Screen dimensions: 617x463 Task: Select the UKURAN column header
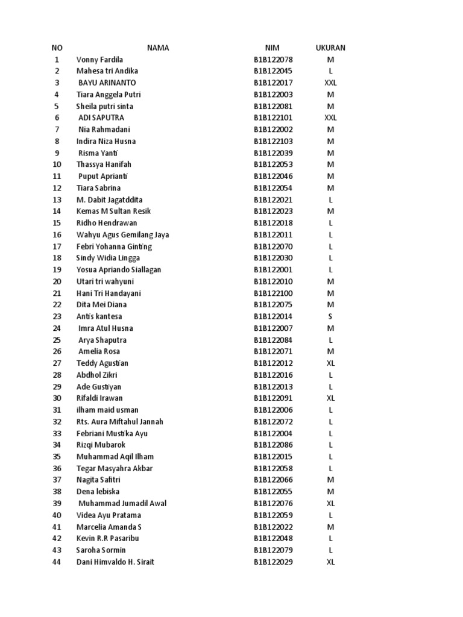[x=330, y=48]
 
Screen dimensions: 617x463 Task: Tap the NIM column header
[x=272, y=48]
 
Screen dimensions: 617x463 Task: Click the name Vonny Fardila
[x=99, y=60]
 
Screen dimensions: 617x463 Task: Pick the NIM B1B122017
[x=273, y=83]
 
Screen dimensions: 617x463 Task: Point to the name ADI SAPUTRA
[x=101, y=118]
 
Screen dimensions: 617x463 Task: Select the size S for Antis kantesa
[x=330, y=316]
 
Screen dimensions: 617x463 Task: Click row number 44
[x=57, y=562]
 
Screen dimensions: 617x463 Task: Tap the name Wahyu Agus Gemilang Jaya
[x=122, y=235]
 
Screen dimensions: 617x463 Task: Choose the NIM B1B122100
[x=273, y=293]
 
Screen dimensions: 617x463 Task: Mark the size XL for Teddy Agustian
[x=330, y=363]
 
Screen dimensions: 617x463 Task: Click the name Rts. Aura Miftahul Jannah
[x=119, y=422]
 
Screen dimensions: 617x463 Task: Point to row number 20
[x=57, y=281]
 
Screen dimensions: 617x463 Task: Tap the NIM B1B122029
[x=273, y=562]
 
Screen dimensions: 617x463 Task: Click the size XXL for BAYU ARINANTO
[x=330, y=83]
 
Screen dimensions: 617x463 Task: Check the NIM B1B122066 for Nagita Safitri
[x=273, y=480]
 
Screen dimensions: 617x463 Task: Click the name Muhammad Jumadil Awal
[x=122, y=504]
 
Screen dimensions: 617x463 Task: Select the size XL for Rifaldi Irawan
[x=330, y=398]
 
